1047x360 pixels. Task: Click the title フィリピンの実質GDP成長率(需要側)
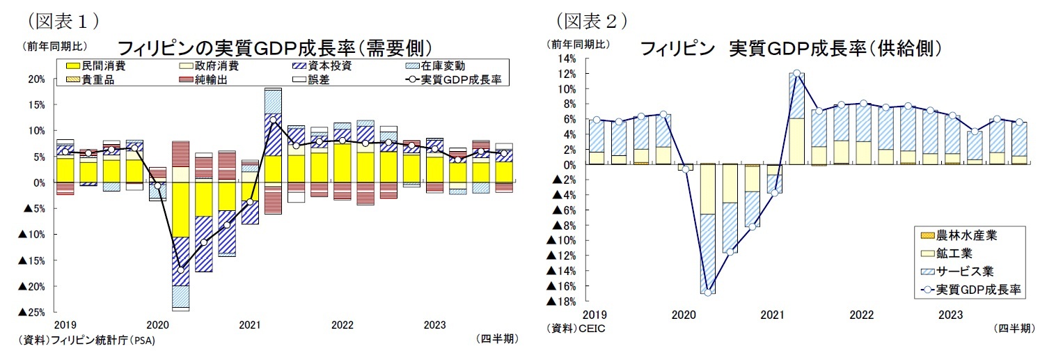[276, 48]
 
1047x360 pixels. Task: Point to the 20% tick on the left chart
[36, 79]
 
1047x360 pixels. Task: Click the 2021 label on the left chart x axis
[249, 324]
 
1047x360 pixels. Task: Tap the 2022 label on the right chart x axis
[861, 315]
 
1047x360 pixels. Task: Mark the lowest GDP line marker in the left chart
[181, 269]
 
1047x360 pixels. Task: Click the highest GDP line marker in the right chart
[797, 73]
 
